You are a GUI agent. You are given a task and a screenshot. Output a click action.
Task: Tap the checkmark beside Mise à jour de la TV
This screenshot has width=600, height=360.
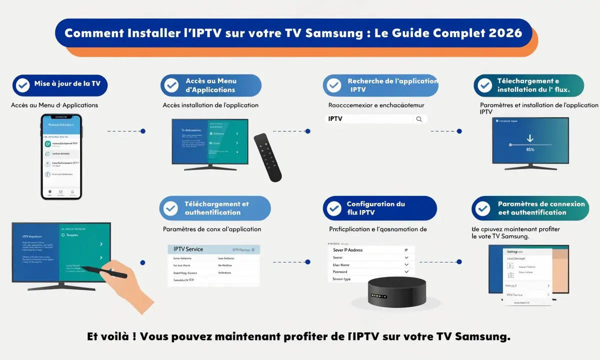pyautogui.click(x=22, y=85)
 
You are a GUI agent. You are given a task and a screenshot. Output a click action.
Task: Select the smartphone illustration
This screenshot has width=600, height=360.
pyautogui.click(x=61, y=156)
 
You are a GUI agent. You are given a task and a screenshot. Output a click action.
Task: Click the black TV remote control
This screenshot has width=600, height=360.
pyautogui.click(x=267, y=157)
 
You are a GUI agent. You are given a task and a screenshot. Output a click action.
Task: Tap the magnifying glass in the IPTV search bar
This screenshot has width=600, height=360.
pyautogui.click(x=419, y=119)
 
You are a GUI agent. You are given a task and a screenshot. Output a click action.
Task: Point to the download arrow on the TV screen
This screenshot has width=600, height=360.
pyautogui.click(x=530, y=138)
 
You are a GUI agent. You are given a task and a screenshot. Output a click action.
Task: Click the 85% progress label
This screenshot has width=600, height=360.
pyautogui.click(x=530, y=149)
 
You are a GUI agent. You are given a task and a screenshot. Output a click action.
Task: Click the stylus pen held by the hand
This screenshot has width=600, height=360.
pyautogui.click(x=105, y=272)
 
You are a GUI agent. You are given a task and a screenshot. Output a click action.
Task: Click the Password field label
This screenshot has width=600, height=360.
pyautogui.click(x=340, y=272)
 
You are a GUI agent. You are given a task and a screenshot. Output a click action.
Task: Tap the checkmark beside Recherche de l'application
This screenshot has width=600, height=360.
pyautogui.click(x=334, y=85)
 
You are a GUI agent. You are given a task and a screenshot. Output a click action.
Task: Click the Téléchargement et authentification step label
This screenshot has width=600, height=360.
pyautogui.click(x=216, y=208)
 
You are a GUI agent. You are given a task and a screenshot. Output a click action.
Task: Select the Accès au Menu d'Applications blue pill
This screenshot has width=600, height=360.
pyautogui.click(x=210, y=85)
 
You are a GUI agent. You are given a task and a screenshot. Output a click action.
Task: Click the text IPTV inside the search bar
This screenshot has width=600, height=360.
pyautogui.click(x=335, y=119)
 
